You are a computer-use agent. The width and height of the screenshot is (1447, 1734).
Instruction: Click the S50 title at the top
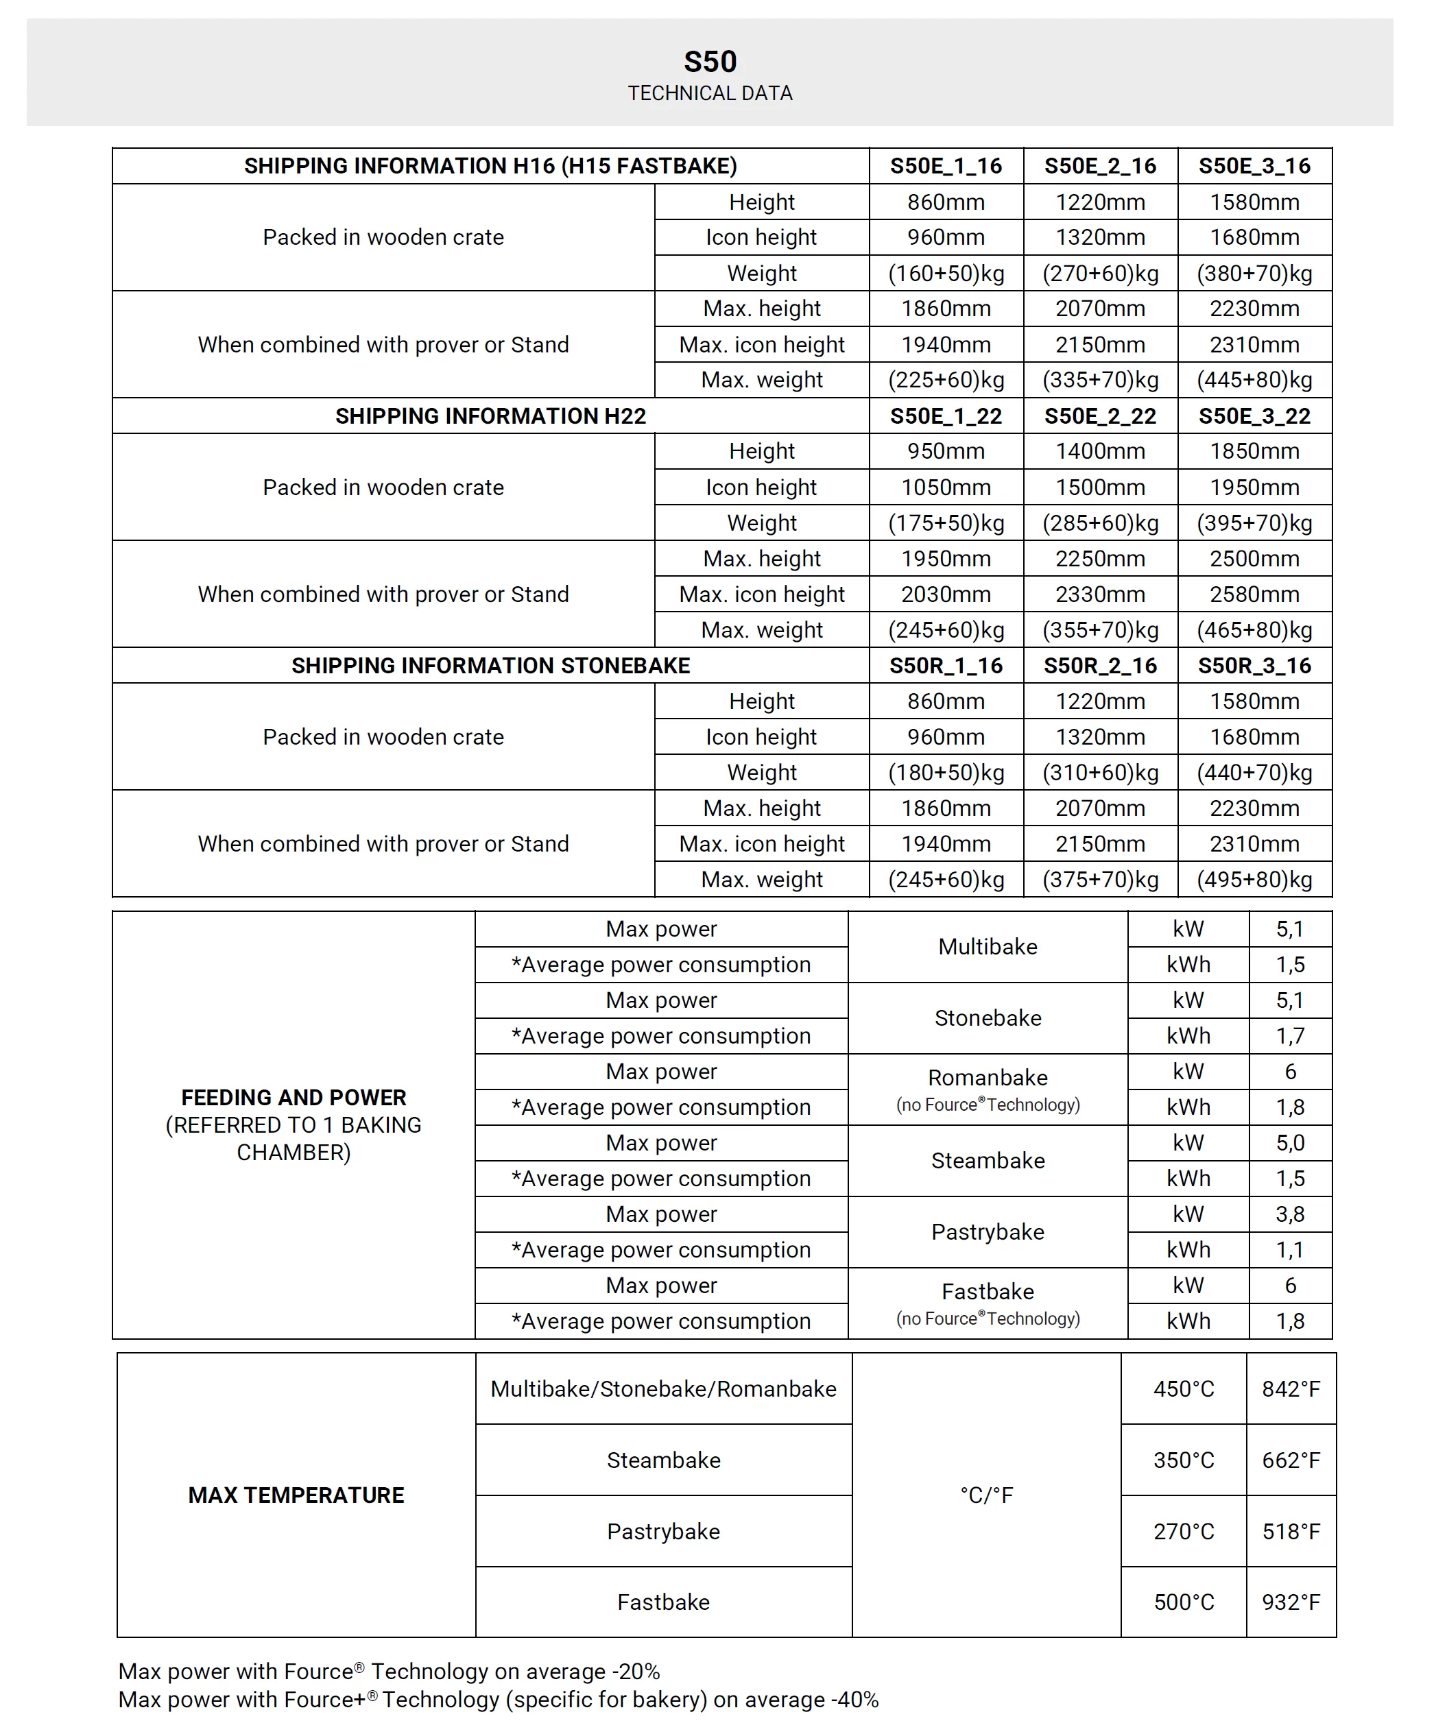click(x=710, y=62)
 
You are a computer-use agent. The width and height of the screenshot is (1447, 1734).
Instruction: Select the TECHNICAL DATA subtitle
click(x=710, y=93)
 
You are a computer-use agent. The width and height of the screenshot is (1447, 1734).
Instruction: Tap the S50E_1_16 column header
click(x=946, y=166)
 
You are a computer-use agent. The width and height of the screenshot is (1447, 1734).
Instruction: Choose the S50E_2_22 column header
click(x=1100, y=416)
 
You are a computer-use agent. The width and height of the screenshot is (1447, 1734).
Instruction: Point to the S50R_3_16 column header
click(x=1254, y=666)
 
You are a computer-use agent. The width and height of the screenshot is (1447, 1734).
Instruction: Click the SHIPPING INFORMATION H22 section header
click(x=490, y=416)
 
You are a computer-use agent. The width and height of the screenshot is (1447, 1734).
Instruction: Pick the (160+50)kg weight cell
click(x=946, y=274)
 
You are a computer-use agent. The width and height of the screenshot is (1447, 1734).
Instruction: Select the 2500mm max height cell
click(x=1254, y=559)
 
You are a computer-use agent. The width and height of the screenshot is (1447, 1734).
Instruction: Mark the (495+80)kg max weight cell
click(x=1254, y=880)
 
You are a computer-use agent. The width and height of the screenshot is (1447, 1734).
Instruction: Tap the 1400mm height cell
click(x=1100, y=452)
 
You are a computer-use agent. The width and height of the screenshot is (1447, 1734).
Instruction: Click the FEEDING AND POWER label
click(x=294, y=1097)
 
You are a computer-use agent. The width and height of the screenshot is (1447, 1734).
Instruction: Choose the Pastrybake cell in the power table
click(x=988, y=1232)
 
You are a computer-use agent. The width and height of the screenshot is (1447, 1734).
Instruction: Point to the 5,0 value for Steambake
click(x=1290, y=1143)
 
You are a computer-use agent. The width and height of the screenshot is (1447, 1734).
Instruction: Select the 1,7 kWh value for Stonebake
click(x=1290, y=1035)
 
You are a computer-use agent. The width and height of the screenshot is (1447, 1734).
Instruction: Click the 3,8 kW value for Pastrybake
click(x=1290, y=1214)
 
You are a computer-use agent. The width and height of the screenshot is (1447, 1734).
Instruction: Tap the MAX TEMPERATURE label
click(x=296, y=1495)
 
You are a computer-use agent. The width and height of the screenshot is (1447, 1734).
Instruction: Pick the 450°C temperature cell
click(x=1184, y=1389)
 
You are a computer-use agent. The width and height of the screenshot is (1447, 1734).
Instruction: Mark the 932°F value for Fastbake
click(x=1291, y=1602)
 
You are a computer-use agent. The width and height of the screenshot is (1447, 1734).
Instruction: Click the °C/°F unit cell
click(x=986, y=1495)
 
